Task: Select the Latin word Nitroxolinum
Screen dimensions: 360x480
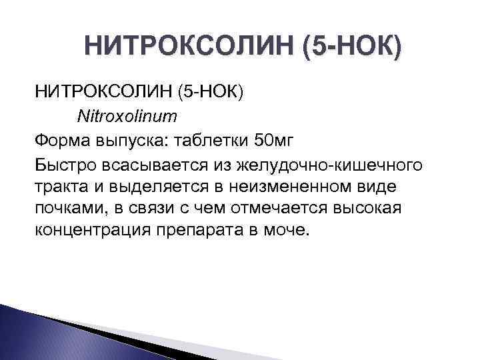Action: [x=127, y=117]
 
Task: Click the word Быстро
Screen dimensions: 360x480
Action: [x=63, y=164]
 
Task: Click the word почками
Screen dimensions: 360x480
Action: [x=65, y=208]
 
